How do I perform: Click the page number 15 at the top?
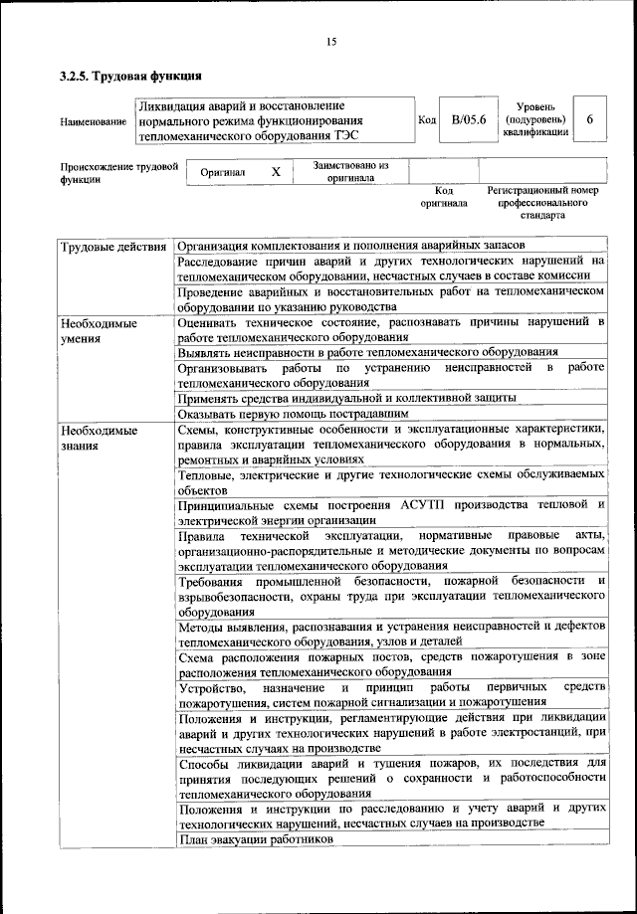click(331, 41)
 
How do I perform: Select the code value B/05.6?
click(467, 120)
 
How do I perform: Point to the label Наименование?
click(94, 121)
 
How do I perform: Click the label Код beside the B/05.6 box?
click(427, 120)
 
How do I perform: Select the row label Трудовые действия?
click(112, 245)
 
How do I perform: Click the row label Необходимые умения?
click(98, 330)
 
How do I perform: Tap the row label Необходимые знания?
click(98, 438)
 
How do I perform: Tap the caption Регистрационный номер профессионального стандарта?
click(541, 201)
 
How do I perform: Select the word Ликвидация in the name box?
click(170, 105)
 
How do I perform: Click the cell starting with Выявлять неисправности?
click(366, 351)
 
